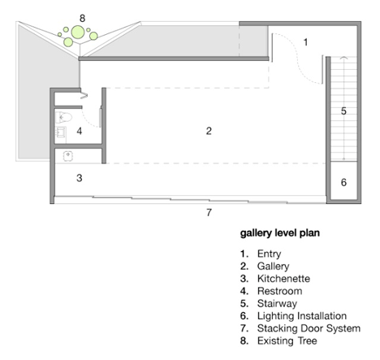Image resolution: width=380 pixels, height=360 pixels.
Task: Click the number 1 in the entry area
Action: pyautogui.click(x=305, y=42)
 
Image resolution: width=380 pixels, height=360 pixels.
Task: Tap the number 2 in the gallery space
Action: pyautogui.click(x=209, y=131)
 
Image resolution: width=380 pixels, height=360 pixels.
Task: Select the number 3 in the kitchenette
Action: pyautogui.click(x=80, y=178)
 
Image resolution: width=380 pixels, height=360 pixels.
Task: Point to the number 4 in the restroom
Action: pyautogui.click(x=80, y=131)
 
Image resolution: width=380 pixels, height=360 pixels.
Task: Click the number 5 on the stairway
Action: pyautogui.click(x=343, y=111)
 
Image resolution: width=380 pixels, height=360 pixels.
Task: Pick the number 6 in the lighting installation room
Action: pyautogui.click(x=343, y=183)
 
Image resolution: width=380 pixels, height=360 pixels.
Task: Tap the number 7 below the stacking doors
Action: pyautogui.click(x=209, y=213)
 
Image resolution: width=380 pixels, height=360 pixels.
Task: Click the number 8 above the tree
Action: pyautogui.click(x=82, y=19)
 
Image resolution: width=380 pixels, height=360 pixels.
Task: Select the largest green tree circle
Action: pyautogui.click(x=78, y=33)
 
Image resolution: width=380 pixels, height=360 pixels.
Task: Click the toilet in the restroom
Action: pyautogui.click(x=64, y=118)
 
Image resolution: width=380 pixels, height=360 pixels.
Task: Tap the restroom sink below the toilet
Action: pyautogui.click(x=61, y=132)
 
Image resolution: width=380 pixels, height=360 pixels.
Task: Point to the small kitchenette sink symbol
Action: pyautogui.click(x=68, y=156)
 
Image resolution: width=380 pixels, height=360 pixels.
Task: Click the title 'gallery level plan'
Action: pyautogui.click(x=280, y=233)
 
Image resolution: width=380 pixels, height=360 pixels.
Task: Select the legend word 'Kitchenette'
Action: pyautogui.click(x=283, y=279)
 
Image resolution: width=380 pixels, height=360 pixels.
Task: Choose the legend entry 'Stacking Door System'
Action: pyautogui.click(x=309, y=328)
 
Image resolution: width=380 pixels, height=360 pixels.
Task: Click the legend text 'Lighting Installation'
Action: pyautogui.click(x=302, y=316)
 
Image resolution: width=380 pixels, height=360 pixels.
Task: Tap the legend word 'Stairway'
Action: pyautogui.click(x=277, y=304)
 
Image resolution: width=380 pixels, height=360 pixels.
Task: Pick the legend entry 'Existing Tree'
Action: pyautogui.click(x=287, y=340)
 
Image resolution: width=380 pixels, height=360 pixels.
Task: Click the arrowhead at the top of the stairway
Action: pyautogui.click(x=343, y=58)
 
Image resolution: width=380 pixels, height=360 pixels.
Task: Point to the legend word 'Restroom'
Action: pyautogui.click(x=279, y=291)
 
